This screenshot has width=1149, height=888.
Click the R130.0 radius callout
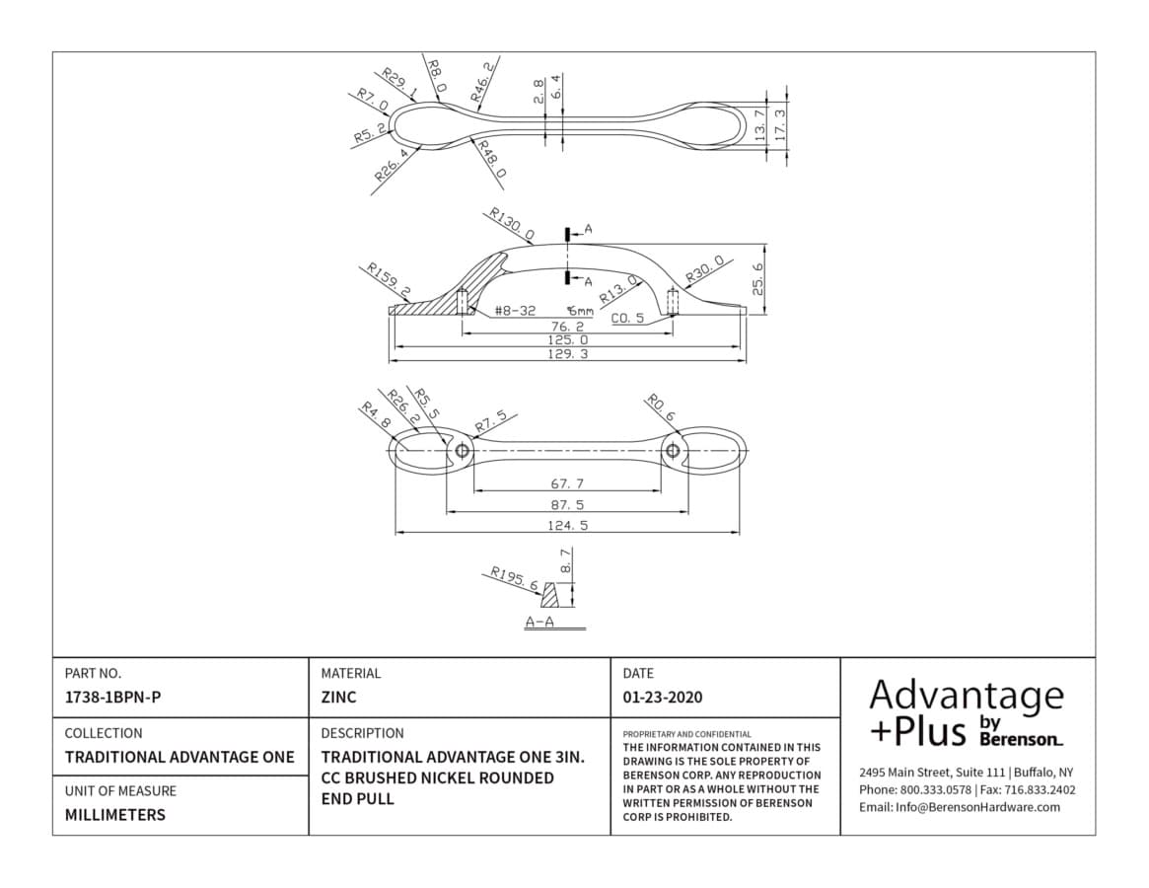[x=512, y=225]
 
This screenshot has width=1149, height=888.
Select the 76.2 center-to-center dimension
[x=568, y=327]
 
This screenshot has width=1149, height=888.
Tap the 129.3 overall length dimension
[x=568, y=354]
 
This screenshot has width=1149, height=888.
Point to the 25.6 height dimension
[x=758, y=278]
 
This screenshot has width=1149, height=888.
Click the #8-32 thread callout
[x=515, y=311]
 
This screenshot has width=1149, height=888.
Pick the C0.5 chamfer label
[x=628, y=318]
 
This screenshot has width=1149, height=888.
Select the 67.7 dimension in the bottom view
[x=567, y=484]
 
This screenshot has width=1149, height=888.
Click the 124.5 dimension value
[x=568, y=525]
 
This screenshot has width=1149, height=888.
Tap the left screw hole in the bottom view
[x=463, y=450]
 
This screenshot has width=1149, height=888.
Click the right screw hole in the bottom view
[x=673, y=450]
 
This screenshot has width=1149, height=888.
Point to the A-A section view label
[x=540, y=623]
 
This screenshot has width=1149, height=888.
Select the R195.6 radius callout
[x=514, y=578]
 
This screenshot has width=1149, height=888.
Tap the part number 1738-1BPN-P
[x=112, y=698]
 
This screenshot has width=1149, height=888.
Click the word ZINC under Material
[x=338, y=698]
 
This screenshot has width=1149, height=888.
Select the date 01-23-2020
[x=663, y=698]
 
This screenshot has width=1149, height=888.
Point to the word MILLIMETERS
[x=115, y=815]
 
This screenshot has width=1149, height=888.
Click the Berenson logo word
[x=1021, y=739]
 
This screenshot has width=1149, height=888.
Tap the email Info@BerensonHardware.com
[x=960, y=807]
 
